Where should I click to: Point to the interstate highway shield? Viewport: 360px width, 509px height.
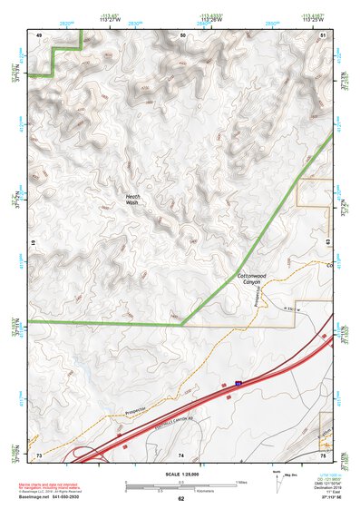click(238, 385)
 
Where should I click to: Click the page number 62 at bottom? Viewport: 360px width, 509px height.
click(180, 498)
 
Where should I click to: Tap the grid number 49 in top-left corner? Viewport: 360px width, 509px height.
click(39, 34)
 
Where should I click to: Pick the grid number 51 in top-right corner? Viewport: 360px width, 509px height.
click(324, 34)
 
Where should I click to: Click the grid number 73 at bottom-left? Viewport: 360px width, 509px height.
click(39, 455)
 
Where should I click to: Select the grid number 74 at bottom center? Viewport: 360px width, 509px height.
click(181, 455)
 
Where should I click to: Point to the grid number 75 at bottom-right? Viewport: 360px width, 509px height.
click(324, 455)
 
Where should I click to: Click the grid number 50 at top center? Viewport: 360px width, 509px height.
click(182, 34)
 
